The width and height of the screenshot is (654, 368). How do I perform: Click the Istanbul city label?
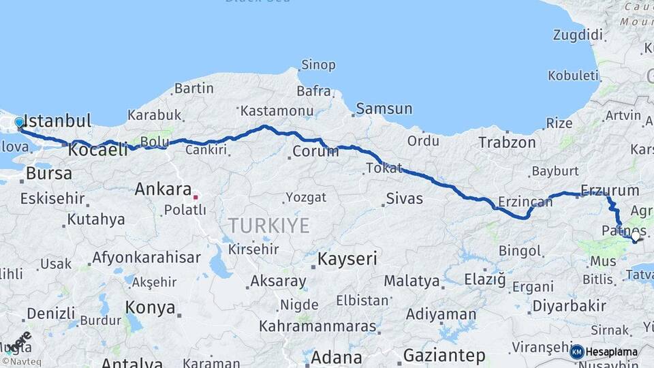pyautogui.click(x=57, y=121)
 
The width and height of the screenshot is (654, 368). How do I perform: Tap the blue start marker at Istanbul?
pyautogui.click(x=19, y=123)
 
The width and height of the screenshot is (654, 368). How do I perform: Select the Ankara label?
pyautogui.click(x=163, y=189)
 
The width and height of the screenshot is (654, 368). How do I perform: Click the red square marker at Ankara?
pyautogui.click(x=196, y=197)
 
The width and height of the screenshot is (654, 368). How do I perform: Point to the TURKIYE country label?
pyautogui.click(x=268, y=226)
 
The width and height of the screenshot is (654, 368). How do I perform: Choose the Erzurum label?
pyautogui.click(x=610, y=190)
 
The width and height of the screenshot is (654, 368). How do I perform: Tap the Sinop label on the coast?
pyautogui.click(x=317, y=65)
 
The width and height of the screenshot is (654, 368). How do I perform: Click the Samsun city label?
pyautogui.click(x=384, y=108)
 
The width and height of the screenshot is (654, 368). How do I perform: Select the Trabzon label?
pyautogui.click(x=507, y=142)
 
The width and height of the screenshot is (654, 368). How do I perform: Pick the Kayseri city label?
pyautogui.click(x=347, y=259)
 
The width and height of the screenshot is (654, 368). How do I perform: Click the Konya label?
pyautogui.click(x=150, y=307)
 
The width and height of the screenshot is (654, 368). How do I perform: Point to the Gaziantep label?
pyautogui.click(x=444, y=356)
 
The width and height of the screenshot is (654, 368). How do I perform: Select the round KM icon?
pyautogui.click(x=577, y=352)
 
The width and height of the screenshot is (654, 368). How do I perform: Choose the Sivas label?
pyautogui.click(x=404, y=199)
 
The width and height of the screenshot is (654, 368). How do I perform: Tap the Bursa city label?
pyautogui.click(x=48, y=173)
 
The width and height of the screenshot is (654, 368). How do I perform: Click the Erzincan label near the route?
pyautogui.click(x=525, y=202)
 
